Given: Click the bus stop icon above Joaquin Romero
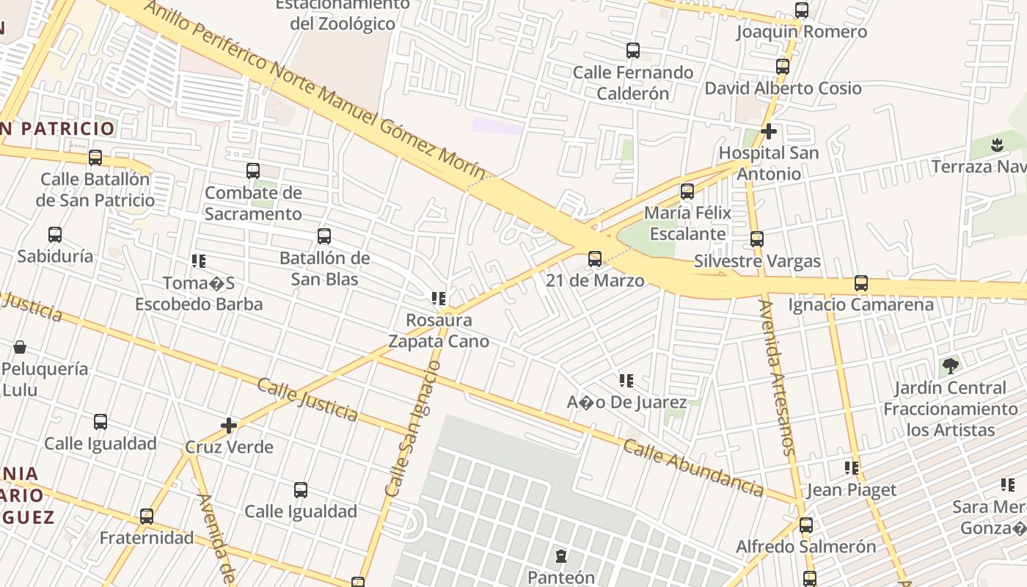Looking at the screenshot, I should [802, 10].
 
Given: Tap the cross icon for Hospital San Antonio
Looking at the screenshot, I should [769, 132].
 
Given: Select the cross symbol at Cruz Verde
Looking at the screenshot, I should [229, 426].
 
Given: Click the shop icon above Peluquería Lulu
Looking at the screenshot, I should [20, 347].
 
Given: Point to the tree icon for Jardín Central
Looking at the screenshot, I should [950, 365].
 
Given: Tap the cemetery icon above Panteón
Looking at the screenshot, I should [561, 556].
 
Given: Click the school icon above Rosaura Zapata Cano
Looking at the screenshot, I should [439, 299].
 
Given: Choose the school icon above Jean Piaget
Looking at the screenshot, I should [851, 467].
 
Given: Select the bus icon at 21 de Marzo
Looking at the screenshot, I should [595, 259].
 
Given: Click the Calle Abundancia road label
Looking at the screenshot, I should [693, 467].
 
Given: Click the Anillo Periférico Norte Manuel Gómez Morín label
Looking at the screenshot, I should [315, 90].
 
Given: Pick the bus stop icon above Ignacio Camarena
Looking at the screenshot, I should [861, 283].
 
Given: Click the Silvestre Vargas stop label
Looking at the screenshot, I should [757, 261].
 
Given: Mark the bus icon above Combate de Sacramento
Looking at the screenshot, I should [253, 171].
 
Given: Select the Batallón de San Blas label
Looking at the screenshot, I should [324, 269].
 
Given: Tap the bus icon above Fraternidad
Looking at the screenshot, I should [147, 517].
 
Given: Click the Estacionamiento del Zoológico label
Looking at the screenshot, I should [342, 14].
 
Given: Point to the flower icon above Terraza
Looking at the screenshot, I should [996, 145].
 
